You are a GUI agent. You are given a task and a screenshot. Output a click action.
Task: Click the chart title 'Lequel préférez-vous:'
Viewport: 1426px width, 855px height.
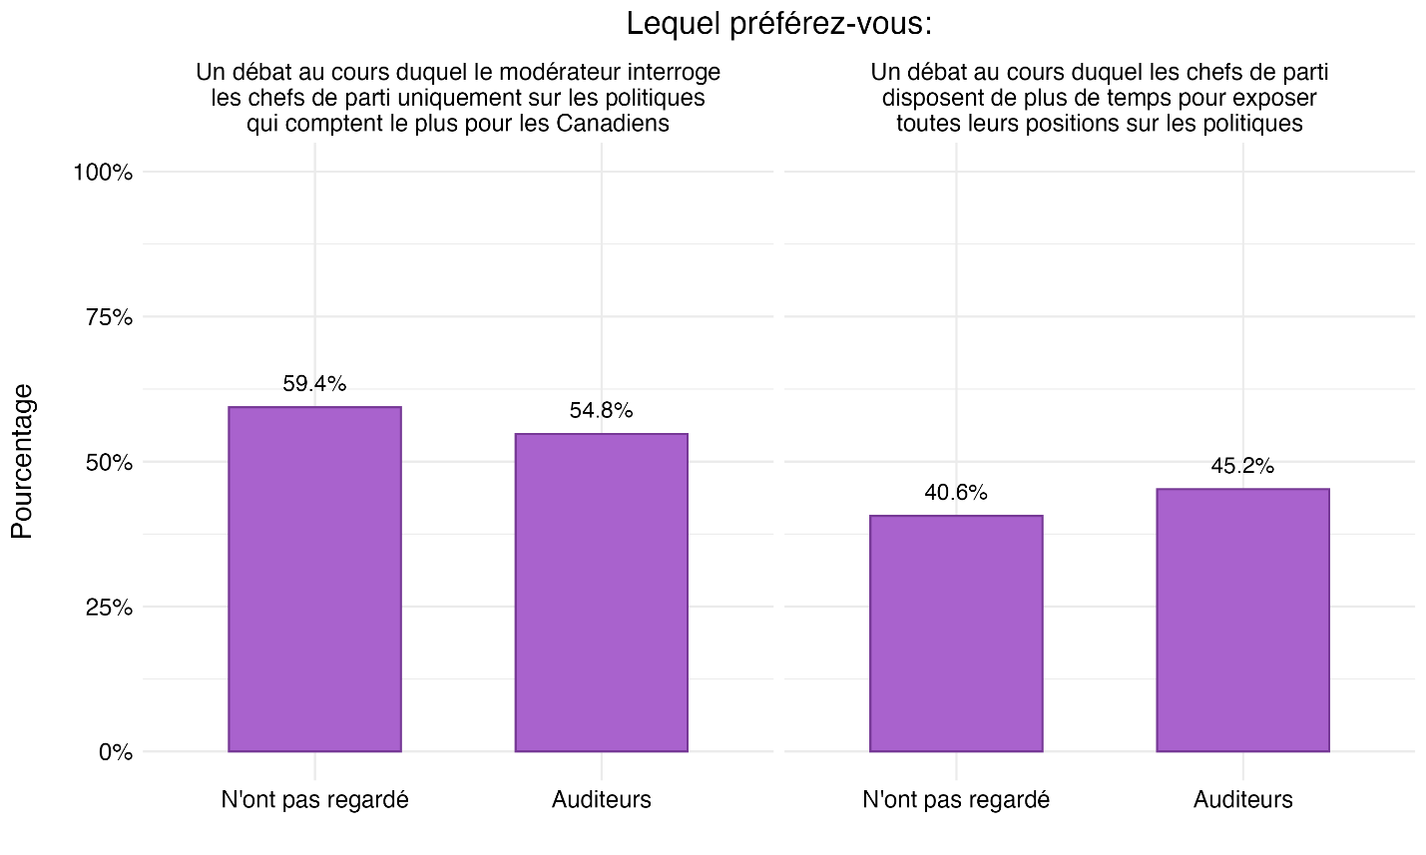click(x=778, y=24)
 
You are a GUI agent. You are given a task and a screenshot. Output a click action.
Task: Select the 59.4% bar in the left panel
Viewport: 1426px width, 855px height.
click(x=314, y=579)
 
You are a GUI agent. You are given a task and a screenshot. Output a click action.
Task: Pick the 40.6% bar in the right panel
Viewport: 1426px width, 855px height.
click(x=956, y=634)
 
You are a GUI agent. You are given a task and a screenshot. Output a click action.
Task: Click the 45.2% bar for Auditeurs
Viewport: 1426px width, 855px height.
click(x=1242, y=620)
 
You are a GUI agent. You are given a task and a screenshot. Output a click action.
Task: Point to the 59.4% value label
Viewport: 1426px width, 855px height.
click(x=314, y=384)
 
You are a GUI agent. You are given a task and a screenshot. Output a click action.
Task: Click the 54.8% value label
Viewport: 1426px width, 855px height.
click(x=601, y=411)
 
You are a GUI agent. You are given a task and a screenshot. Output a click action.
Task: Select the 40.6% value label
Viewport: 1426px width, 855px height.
click(x=956, y=493)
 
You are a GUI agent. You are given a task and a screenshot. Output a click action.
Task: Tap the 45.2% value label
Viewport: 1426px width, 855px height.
click(x=1242, y=466)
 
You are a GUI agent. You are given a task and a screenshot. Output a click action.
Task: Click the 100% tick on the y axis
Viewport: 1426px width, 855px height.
click(x=103, y=173)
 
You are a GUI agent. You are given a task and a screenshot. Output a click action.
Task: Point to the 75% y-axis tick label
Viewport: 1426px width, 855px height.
click(x=108, y=317)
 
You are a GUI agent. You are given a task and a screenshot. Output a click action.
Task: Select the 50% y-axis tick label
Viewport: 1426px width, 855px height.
click(x=108, y=463)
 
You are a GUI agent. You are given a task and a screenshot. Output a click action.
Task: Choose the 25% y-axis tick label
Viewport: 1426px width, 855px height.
click(x=108, y=608)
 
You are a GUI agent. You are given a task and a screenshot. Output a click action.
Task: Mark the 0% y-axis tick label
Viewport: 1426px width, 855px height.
click(x=115, y=752)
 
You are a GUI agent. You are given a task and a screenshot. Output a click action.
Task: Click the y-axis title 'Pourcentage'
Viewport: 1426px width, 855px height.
click(x=23, y=461)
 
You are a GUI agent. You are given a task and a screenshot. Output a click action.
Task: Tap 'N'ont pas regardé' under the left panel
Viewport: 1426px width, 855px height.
click(x=314, y=800)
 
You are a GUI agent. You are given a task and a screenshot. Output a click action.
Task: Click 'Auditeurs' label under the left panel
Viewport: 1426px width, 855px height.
click(x=601, y=800)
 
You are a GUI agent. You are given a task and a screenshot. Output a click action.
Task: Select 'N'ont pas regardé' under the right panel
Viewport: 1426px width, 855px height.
click(x=956, y=800)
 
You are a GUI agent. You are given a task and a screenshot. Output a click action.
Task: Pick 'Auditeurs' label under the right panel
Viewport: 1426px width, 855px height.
click(x=1242, y=800)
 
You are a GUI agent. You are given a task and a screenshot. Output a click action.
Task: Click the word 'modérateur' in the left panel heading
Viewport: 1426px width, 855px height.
click(x=526, y=73)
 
